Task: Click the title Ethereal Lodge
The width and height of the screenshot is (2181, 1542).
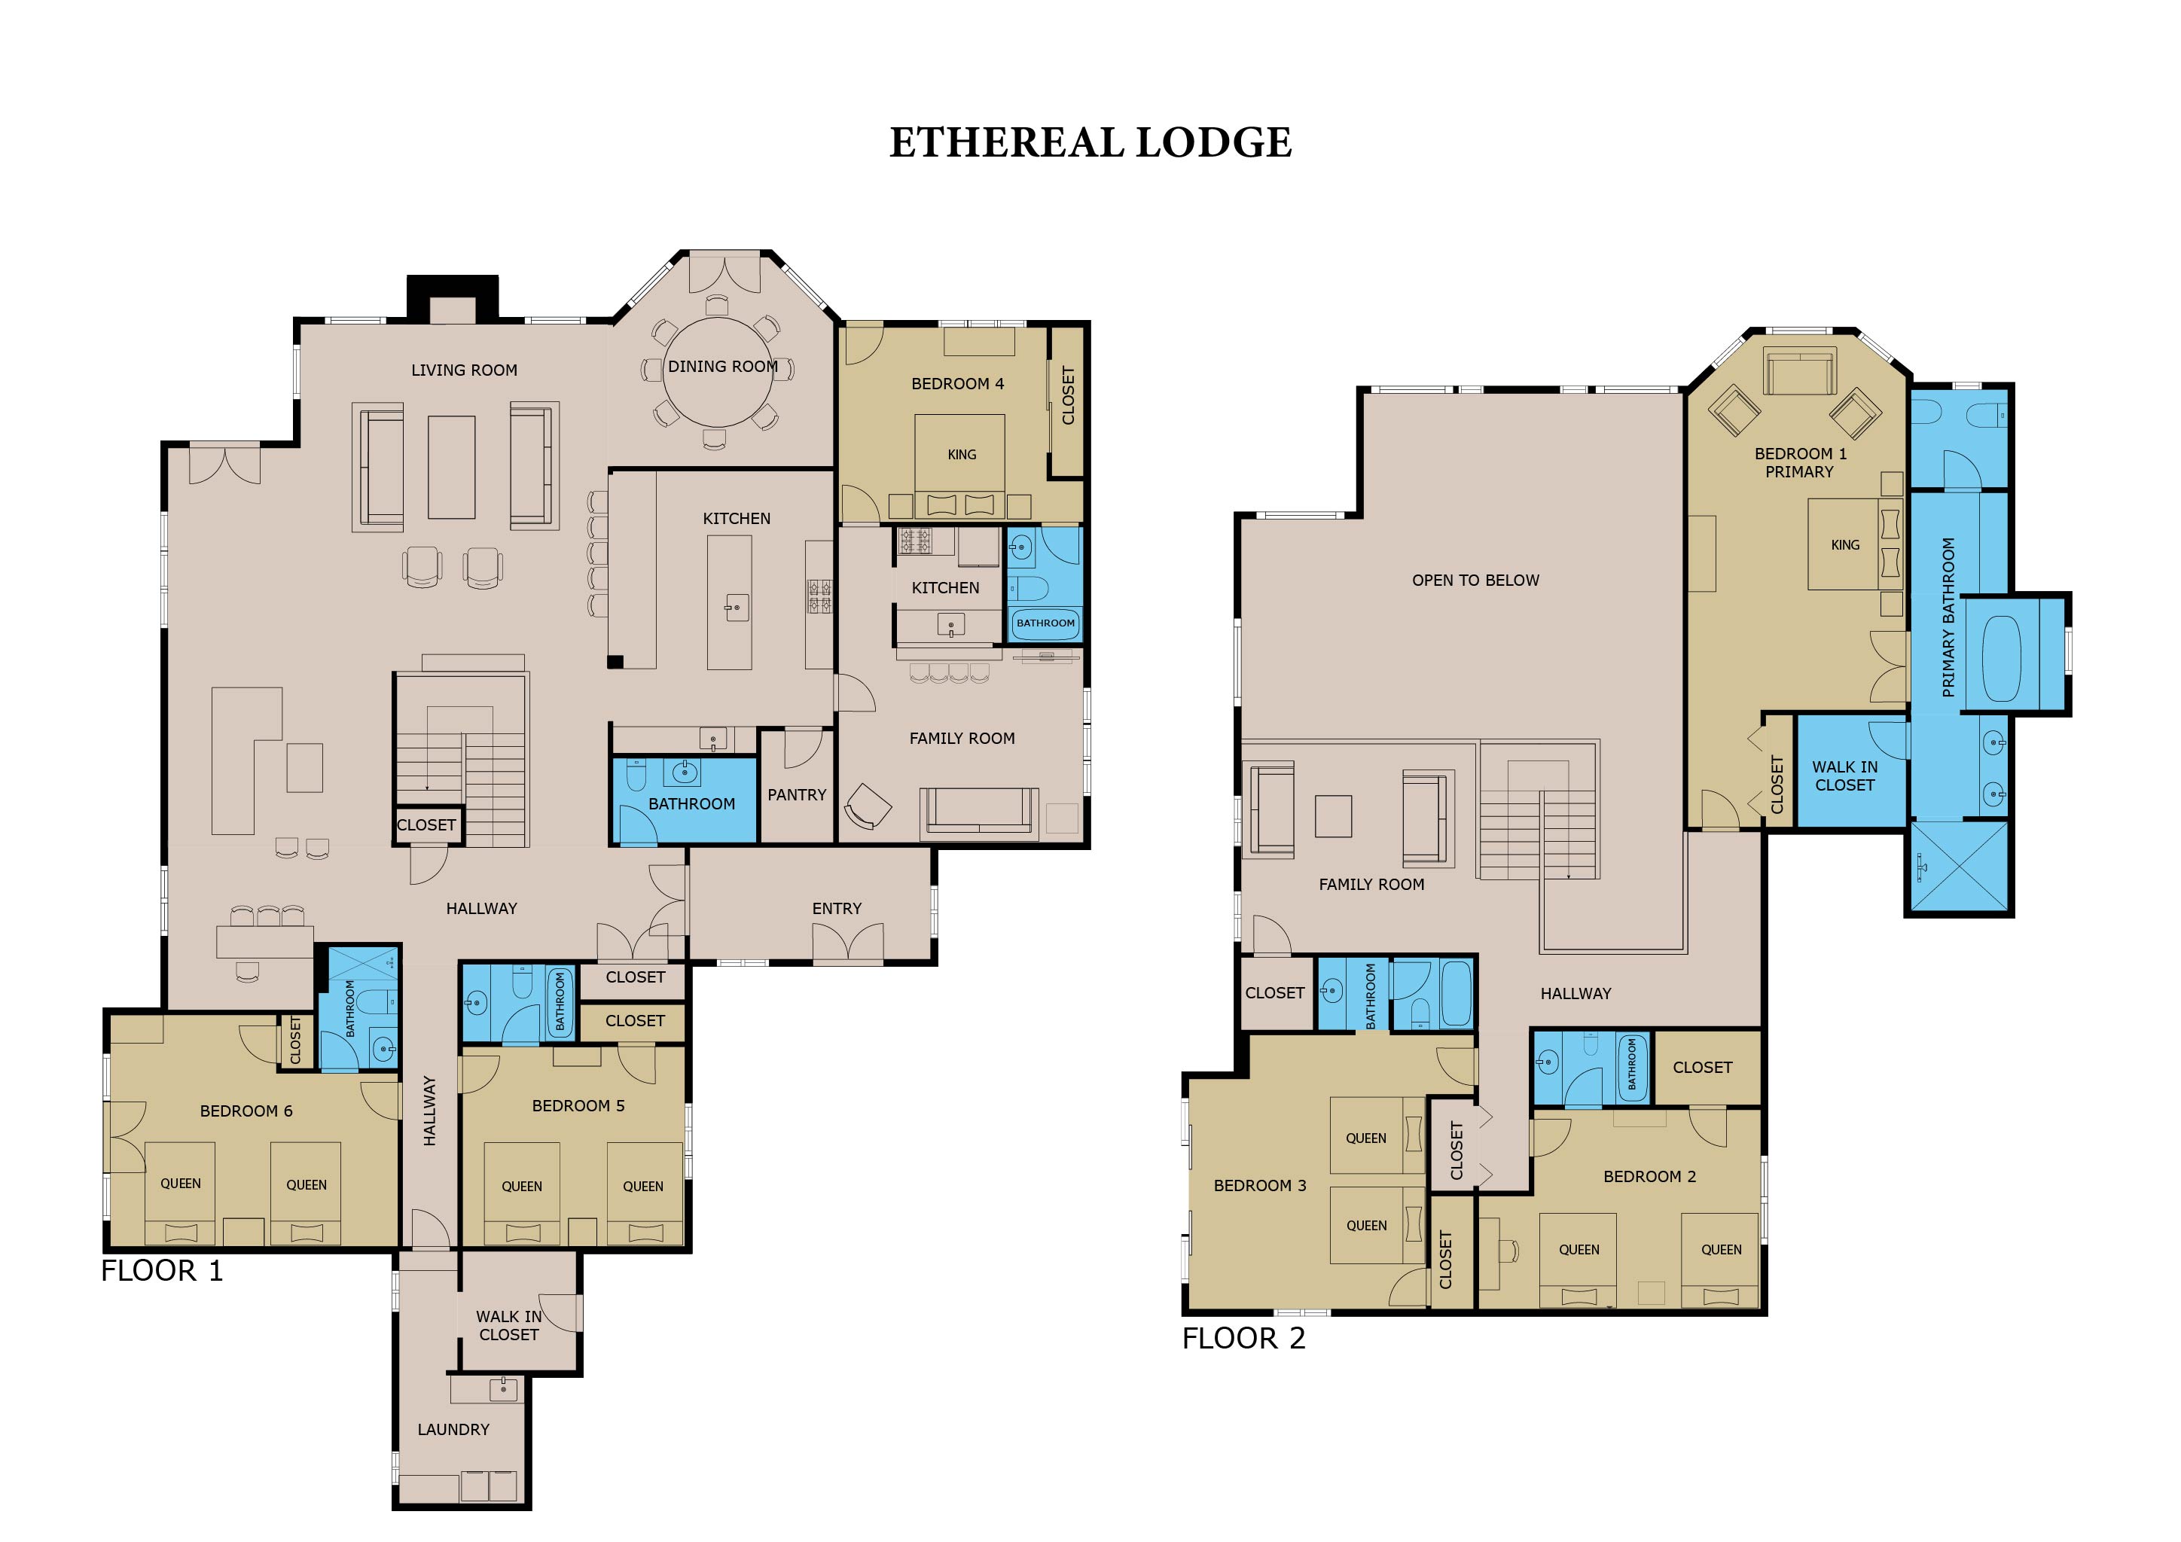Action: (x=1090, y=142)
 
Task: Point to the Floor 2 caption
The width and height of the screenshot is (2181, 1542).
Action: (x=1243, y=1338)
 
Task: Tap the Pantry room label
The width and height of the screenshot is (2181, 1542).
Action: (x=797, y=795)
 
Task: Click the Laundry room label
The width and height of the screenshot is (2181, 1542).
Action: (x=453, y=1429)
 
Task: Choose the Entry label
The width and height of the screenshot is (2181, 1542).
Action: (x=837, y=909)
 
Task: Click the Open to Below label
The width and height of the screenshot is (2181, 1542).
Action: (x=1475, y=581)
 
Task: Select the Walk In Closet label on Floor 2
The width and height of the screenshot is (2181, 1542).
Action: (x=1844, y=776)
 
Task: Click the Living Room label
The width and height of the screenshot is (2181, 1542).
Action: (x=465, y=370)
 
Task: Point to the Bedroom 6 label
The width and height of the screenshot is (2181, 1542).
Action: (x=246, y=1111)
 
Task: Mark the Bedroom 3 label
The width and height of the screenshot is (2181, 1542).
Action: (x=1260, y=1185)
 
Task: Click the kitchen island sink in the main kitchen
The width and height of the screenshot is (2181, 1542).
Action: (x=737, y=608)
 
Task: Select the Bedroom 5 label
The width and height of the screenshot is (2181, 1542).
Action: (x=578, y=1105)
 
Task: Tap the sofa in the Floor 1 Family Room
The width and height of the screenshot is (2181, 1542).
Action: (x=978, y=812)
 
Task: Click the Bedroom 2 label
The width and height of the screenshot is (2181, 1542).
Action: (x=1649, y=1176)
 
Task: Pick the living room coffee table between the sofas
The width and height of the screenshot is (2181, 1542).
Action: (x=451, y=467)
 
